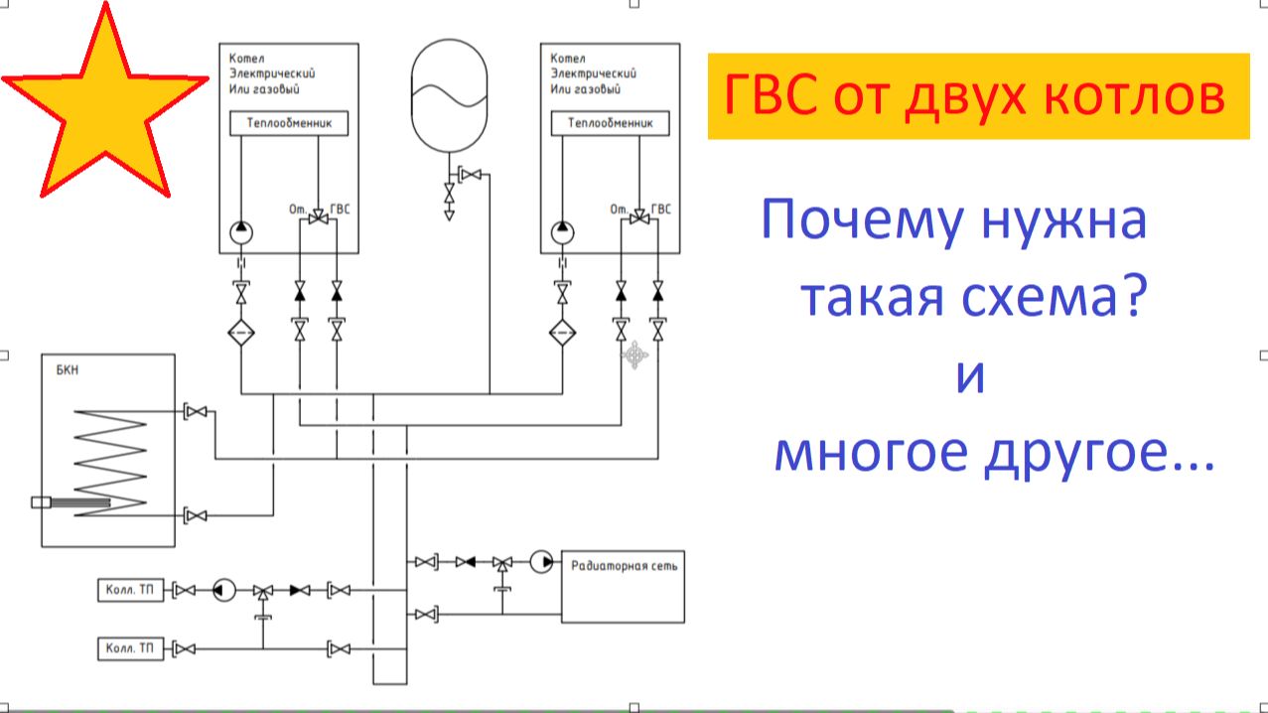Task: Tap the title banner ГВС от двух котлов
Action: [977, 95]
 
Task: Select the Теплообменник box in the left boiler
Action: [289, 123]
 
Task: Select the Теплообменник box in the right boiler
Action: [611, 123]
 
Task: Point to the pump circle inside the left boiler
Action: [241, 232]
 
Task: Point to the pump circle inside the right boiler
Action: [562, 232]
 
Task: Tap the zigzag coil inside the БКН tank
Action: [110, 461]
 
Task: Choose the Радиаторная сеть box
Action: [623, 585]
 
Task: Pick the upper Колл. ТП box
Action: [130, 591]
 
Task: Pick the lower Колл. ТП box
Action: [130, 649]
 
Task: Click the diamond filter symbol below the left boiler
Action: [241, 332]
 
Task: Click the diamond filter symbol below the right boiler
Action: [562, 332]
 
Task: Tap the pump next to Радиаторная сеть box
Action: [541, 562]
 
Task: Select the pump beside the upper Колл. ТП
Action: [223, 591]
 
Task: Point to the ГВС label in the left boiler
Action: [341, 210]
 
